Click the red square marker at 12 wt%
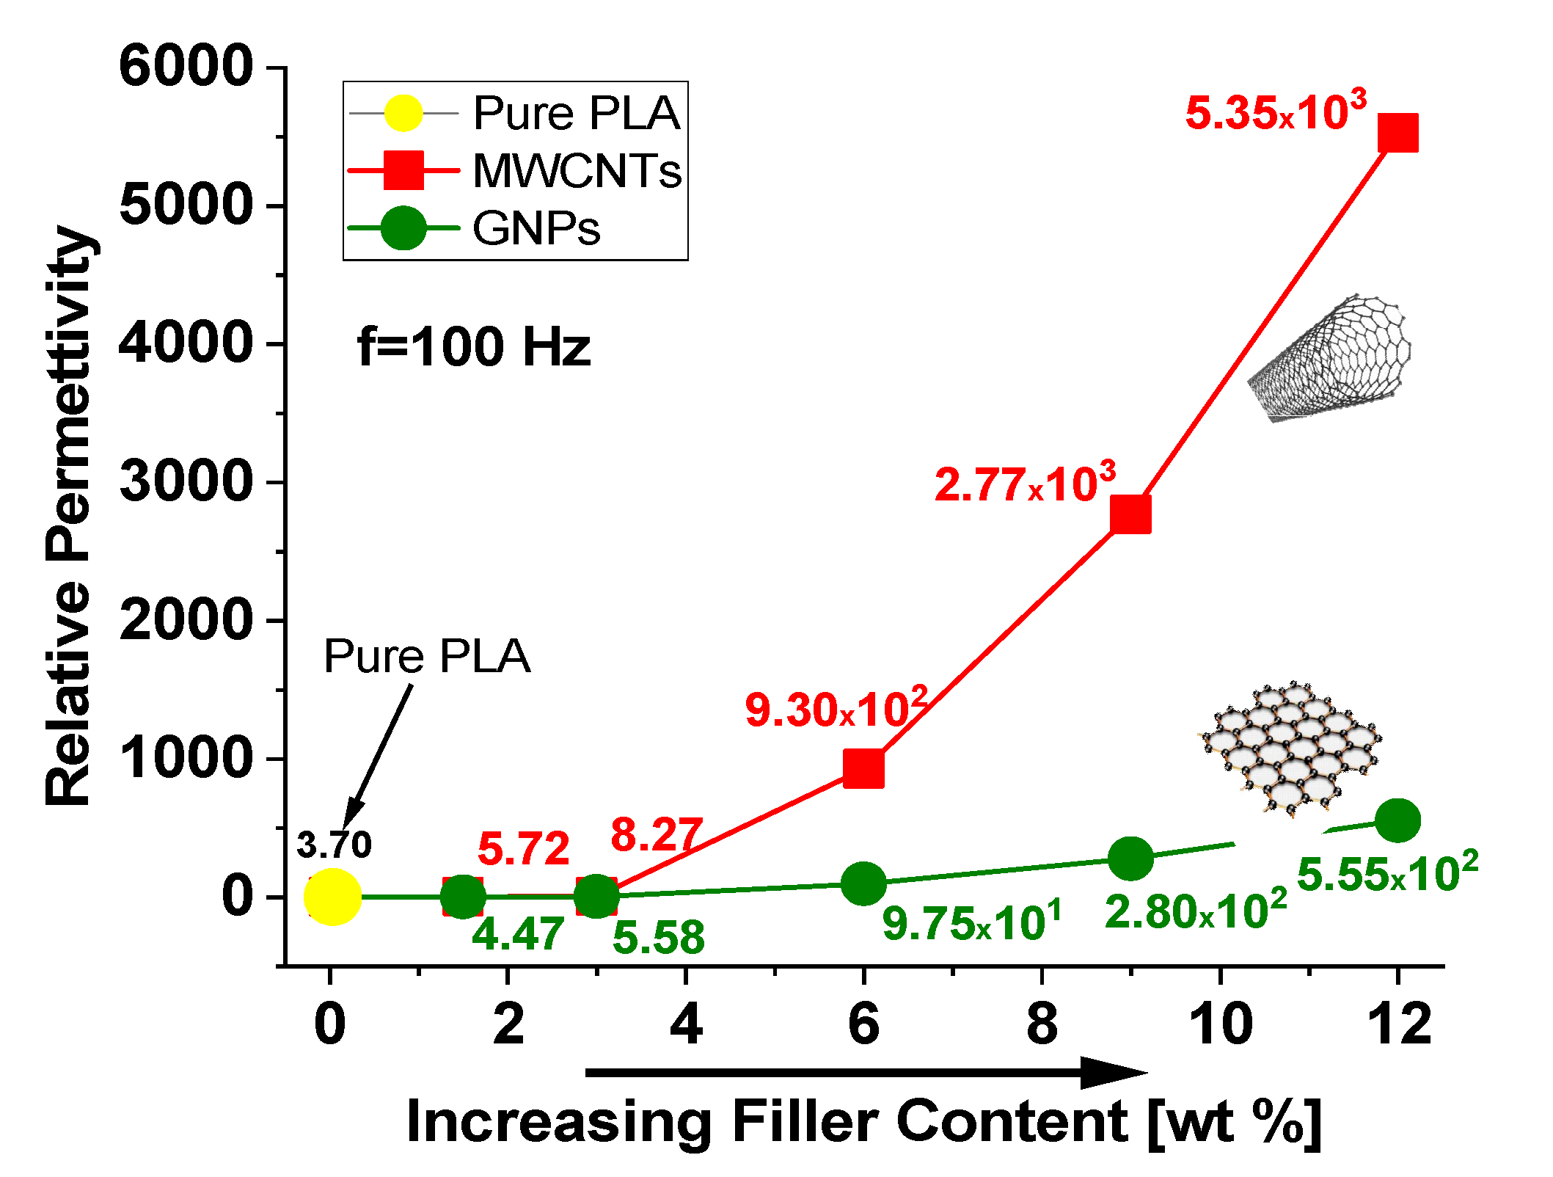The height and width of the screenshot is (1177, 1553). pyautogui.click(x=1397, y=133)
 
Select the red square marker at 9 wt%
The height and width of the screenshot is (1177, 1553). pyautogui.click(x=1130, y=513)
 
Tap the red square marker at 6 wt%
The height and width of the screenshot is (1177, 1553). pyautogui.click(x=863, y=768)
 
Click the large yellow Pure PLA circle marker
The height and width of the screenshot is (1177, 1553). pyautogui.click(x=332, y=897)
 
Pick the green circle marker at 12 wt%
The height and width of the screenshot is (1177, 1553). pyautogui.click(x=1397, y=820)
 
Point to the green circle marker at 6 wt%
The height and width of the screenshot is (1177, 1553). pyautogui.click(x=863, y=883)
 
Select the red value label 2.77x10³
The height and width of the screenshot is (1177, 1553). pyautogui.click(x=1024, y=484)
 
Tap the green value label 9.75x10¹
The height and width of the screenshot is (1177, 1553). pyautogui.click(x=971, y=922)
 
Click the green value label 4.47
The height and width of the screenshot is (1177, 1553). pyautogui.click(x=518, y=933)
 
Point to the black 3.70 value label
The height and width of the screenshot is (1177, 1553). pyautogui.click(x=334, y=845)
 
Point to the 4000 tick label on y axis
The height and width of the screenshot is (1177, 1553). pyautogui.click(x=186, y=343)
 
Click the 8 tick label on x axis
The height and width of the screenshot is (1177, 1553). pyautogui.click(x=1042, y=1024)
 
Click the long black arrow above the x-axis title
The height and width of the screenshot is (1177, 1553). pyautogui.click(x=866, y=1073)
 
